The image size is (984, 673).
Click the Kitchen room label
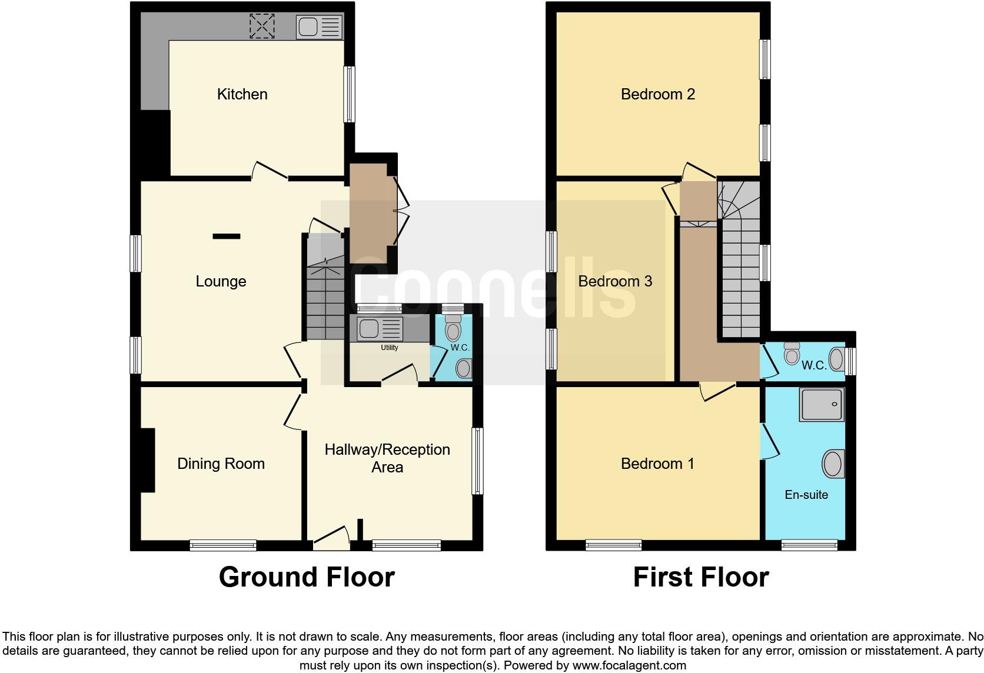coord(242,94)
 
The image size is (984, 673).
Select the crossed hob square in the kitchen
coord(262,26)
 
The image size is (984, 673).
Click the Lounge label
coord(221,281)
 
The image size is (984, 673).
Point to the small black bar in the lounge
coord(227,236)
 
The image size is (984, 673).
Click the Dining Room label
coord(221,464)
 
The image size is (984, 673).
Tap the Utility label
coord(389,348)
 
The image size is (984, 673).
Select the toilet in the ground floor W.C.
coord(453,328)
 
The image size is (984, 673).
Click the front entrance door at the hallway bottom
coord(331,538)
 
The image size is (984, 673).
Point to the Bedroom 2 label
coord(657,94)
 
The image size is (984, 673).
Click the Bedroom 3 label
coord(615,281)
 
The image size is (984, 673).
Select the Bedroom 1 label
coord(657,464)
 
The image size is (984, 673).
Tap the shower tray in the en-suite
coord(822,404)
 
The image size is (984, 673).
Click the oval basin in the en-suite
coord(833,464)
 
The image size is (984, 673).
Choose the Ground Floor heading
coord(307,577)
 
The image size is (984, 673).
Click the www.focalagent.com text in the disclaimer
coord(630,666)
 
